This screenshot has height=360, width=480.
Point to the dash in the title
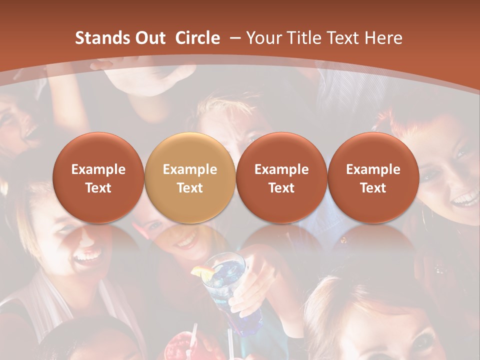click(x=233, y=38)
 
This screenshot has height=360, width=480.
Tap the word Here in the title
click(x=383, y=38)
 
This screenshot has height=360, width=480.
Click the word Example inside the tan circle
click(x=190, y=169)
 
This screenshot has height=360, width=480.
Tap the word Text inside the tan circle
click(x=190, y=188)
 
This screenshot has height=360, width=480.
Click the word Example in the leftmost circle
click(x=98, y=169)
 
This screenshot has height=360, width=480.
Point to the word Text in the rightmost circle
click(x=373, y=188)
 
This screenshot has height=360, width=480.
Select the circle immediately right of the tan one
click(x=281, y=177)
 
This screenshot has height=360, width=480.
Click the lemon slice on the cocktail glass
click(x=202, y=271)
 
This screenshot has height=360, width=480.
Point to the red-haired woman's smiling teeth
click(x=465, y=200)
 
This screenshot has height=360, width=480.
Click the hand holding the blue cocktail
click(x=260, y=280)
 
